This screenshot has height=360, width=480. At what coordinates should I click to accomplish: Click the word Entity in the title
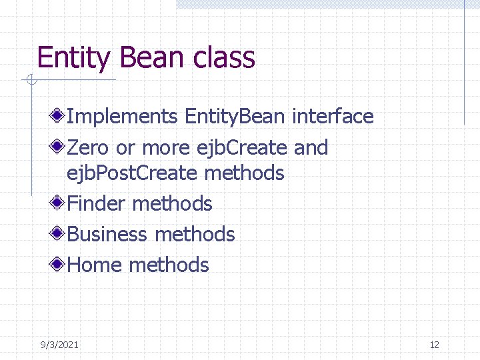pyautogui.click(x=73, y=58)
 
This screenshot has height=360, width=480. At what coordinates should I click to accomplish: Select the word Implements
pyautogui.click(x=123, y=117)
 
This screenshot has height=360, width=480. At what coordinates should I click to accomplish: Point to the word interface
pyautogui.click(x=333, y=116)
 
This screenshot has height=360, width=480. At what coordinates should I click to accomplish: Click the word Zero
pyautogui.click(x=89, y=147)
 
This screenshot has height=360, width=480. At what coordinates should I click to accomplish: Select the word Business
pyautogui.click(x=107, y=234)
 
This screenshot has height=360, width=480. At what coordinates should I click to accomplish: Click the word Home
pyautogui.click(x=96, y=265)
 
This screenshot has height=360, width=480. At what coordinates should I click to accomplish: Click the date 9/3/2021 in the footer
pyautogui.click(x=59, y=345)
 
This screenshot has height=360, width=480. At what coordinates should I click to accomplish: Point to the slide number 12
pyautogui.click(x=435, y=345)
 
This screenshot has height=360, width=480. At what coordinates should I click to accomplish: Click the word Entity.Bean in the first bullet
pyautogui.click(x=235, y=117)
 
